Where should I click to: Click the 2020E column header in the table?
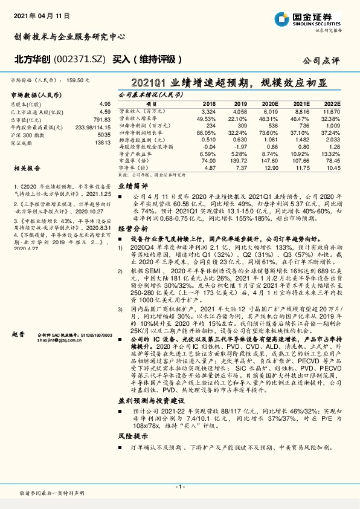(x=270, y=104)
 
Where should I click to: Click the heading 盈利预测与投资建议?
(x=149, y=400)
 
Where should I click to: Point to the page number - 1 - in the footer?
(x=179, y=487)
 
